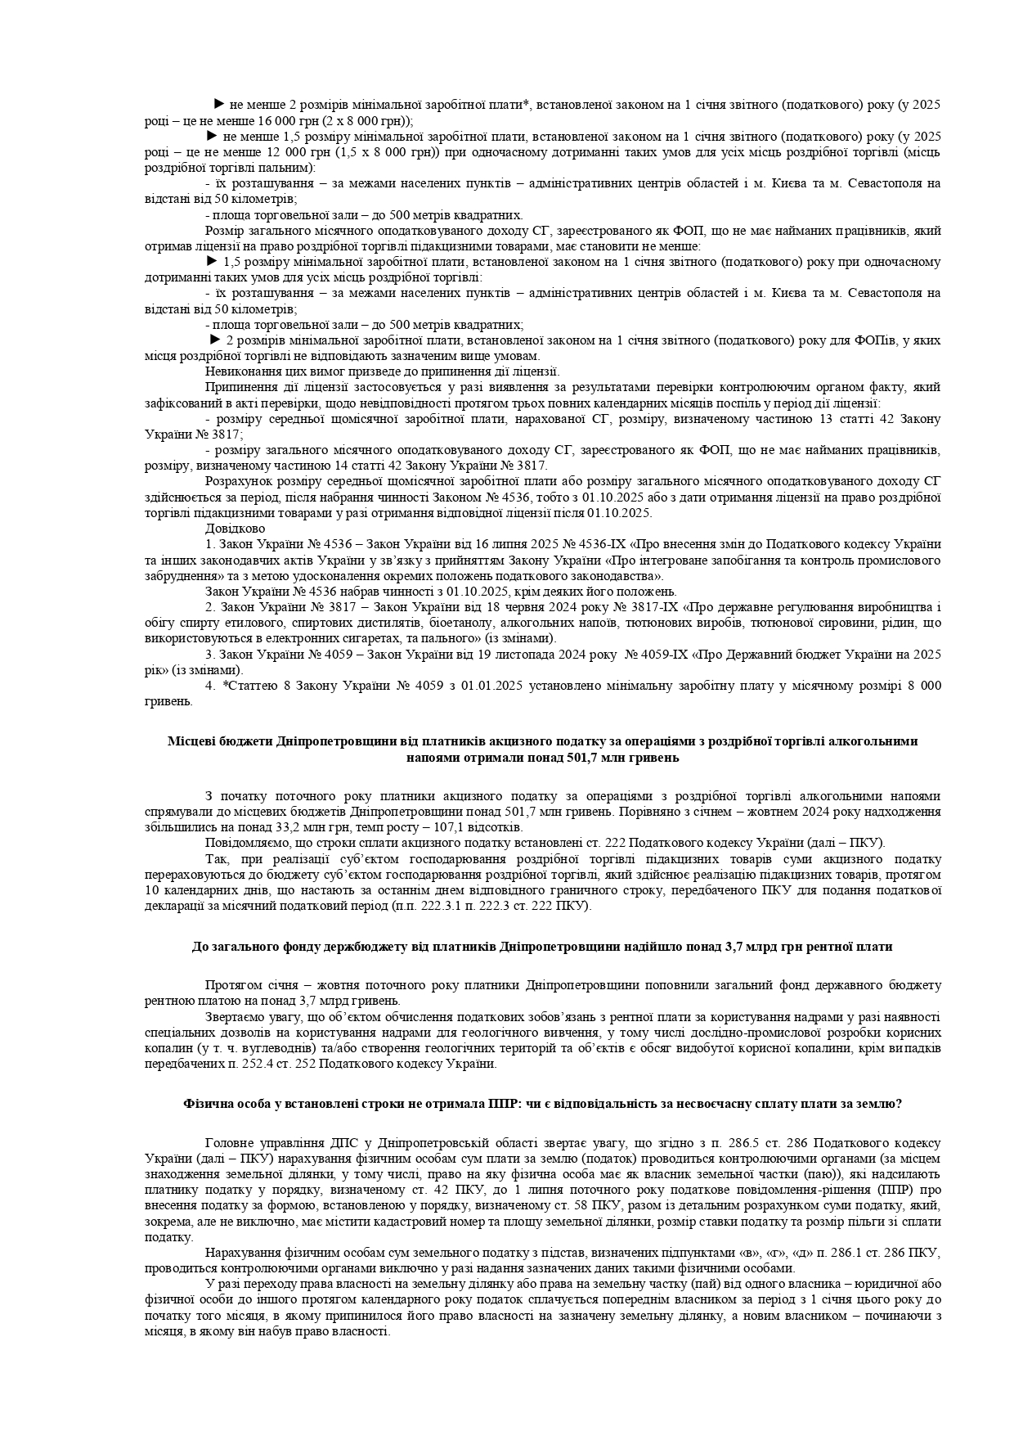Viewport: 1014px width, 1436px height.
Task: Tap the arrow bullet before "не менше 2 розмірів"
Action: (218, 104)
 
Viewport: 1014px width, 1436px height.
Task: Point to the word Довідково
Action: (230, 529)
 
